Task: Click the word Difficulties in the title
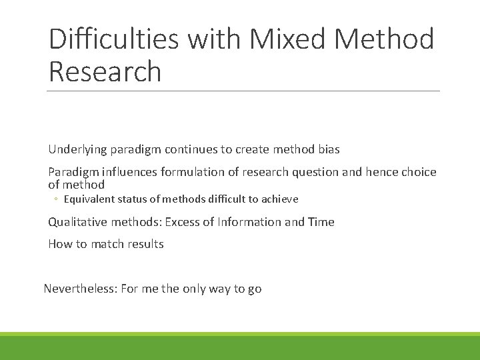pyautogui.click(x=114, y=39)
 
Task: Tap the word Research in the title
pyautogui.click(x=105, y=71)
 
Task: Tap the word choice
pyautogui.click(x=418, y=172)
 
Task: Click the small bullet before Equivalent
pyautogui.click(x=57, y=199)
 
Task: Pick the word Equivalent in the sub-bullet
pyautogui.click(x=89, y=199)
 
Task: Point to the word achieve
pyautogui.click(x=281, y=199)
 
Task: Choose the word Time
pyautogui.click(x=321, y=222)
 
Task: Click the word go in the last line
pyautogui.click(x=255, y=289)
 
